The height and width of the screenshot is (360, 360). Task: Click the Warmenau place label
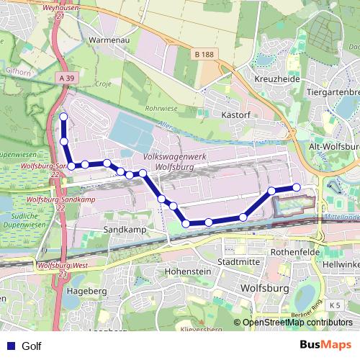108,40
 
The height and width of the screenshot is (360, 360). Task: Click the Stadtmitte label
238,262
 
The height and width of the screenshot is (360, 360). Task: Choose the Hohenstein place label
187,271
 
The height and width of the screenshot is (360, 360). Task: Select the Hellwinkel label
341,264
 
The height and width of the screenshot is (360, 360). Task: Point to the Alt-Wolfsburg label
333,146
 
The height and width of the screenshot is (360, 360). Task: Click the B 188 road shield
205,54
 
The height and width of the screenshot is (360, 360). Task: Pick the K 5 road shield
334,305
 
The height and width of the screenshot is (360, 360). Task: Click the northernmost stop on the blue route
63,117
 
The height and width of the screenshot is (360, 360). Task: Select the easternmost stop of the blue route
296,187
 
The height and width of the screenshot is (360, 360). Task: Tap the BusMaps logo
326,345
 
